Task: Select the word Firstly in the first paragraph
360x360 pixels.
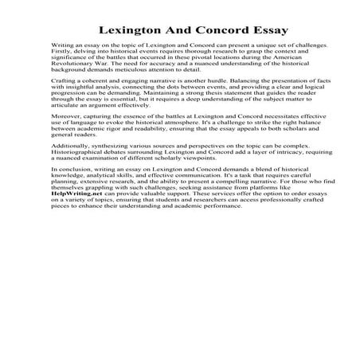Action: tap(61, 55)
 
